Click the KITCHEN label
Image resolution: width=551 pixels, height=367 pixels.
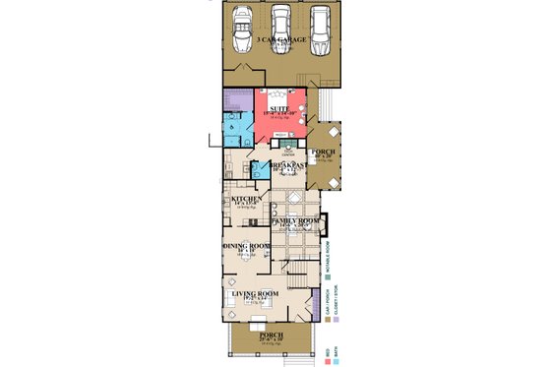point(247,199)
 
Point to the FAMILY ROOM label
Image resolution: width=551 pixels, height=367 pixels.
point(296,222)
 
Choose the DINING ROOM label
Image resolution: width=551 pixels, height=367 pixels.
point(246,247)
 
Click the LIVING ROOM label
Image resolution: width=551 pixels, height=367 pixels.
point(255,294)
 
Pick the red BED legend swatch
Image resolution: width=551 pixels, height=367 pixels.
point(327,360)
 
